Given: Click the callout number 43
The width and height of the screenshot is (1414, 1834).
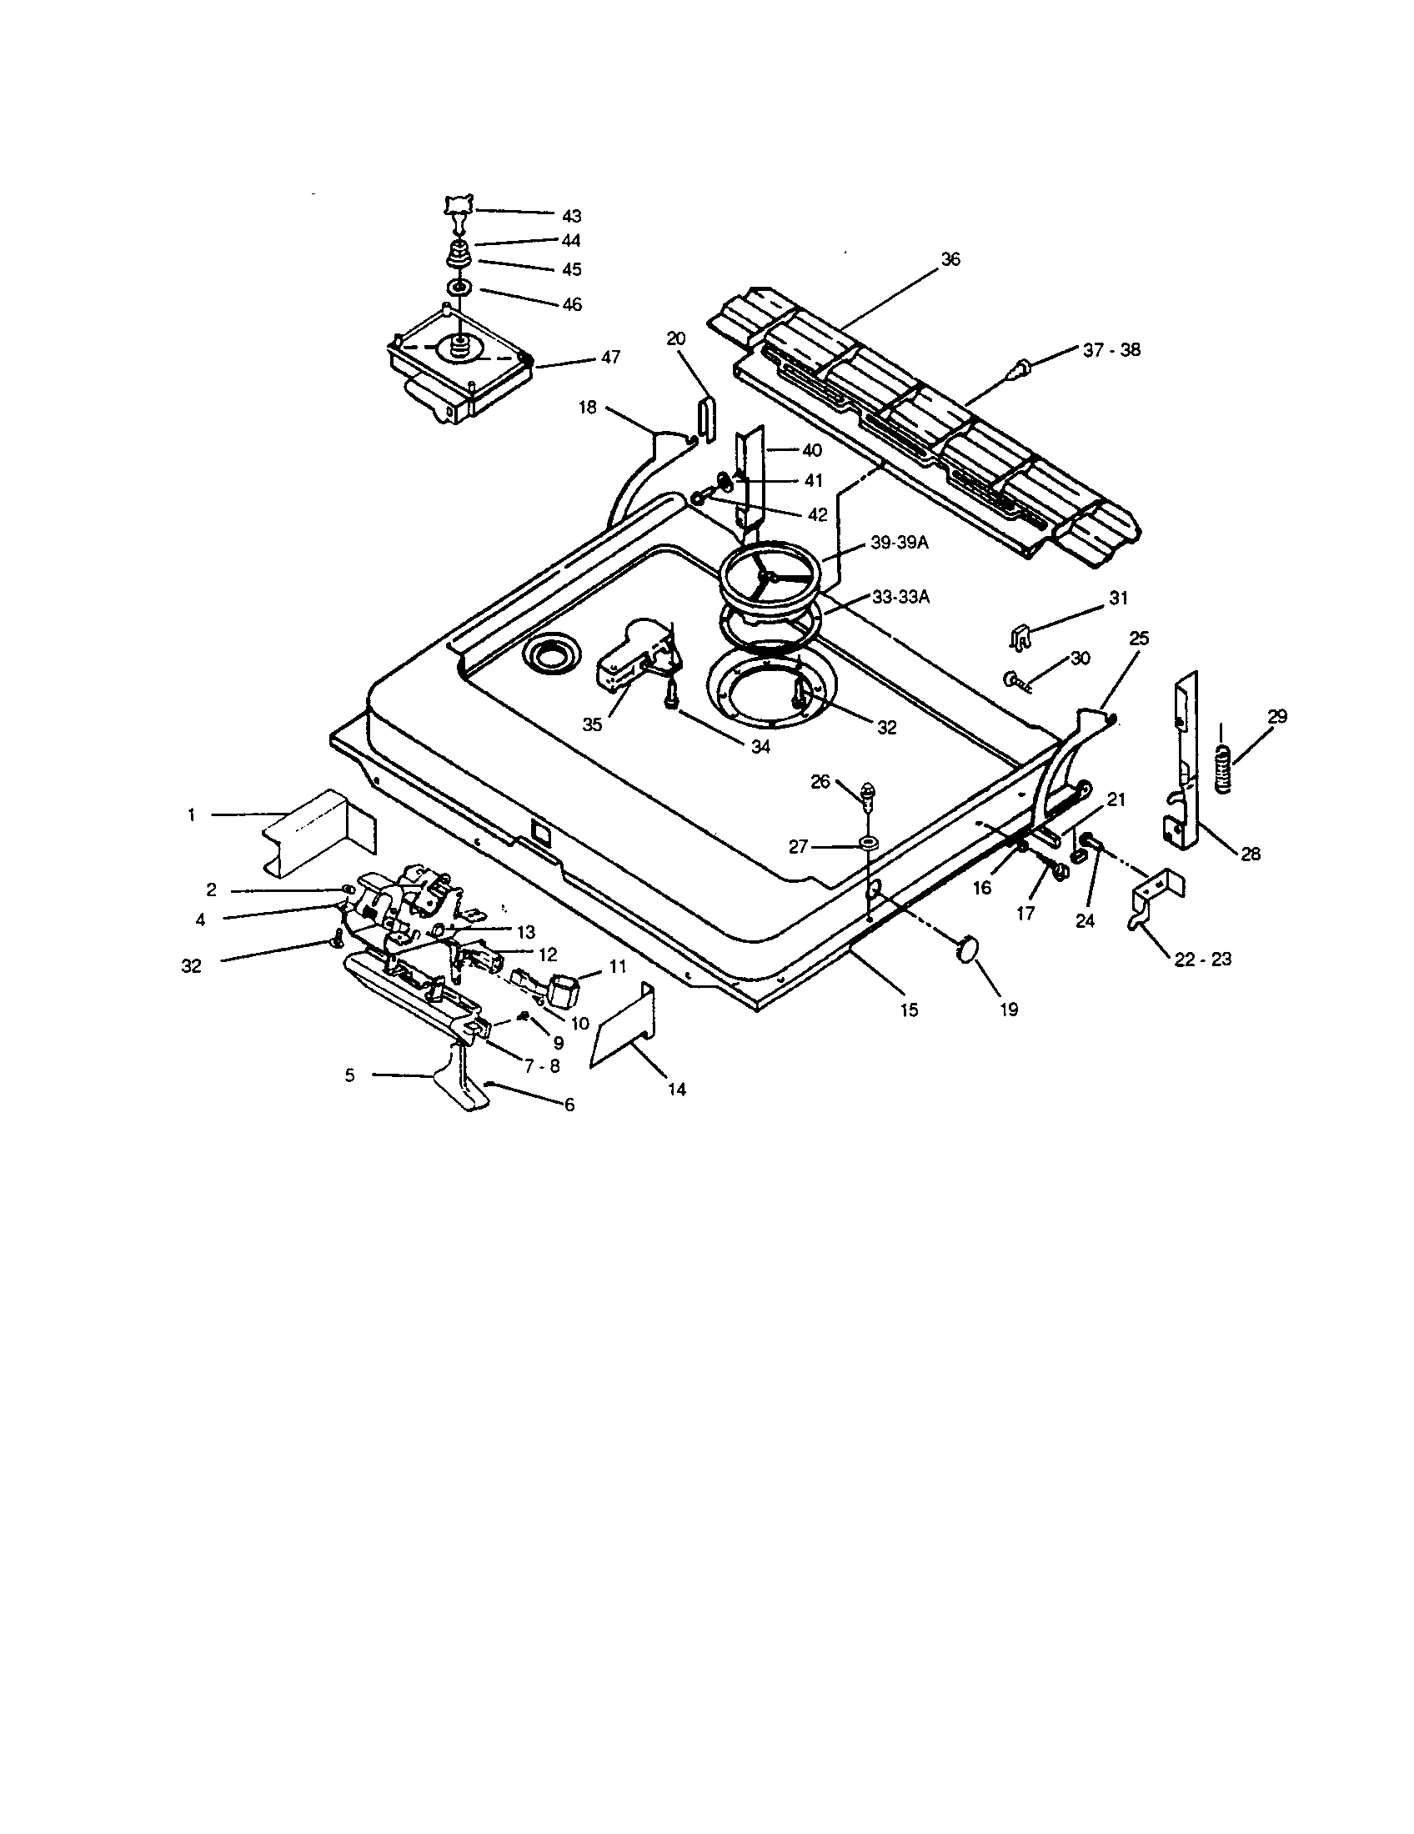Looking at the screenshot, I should pos(571,216).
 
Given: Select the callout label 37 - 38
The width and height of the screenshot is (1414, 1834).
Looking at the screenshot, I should pos(1111,350).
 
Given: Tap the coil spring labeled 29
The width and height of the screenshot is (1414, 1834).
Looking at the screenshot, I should pos(1225,768).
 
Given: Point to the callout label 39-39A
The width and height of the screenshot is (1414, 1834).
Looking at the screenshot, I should pos(900,543).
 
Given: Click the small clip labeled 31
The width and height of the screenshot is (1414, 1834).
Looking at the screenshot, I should pos(1020,638).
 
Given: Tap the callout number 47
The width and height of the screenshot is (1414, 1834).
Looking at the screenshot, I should pos(610,357).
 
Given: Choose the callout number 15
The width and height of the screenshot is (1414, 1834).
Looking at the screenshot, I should pos(910,1010).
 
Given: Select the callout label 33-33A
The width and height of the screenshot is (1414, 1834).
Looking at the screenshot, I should pos(900,598).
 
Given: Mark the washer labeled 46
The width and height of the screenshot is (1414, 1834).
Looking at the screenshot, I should pos(459,288).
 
